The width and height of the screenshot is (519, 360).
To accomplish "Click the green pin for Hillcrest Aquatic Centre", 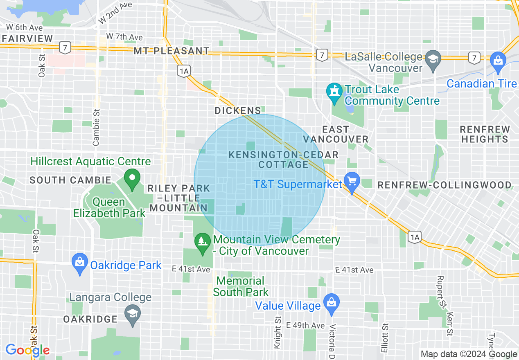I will click(x=132, y=179).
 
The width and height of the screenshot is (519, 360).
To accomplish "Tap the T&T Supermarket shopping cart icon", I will click(x=351, y=180).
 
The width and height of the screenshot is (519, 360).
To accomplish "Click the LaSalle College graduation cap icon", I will click(x=433, y=58).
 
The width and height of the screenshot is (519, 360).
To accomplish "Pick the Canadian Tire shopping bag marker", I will click(x=498, y=60).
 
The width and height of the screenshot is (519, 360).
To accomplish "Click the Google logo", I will click(x=27, y=350).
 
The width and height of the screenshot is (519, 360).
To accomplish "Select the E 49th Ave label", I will click(x=305, y=325).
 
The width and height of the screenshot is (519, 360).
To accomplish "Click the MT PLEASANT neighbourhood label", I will click(x=171, y=51).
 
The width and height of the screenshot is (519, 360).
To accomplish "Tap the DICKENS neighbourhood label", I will click(x=238, y=110).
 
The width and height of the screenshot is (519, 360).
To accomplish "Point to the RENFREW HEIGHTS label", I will click(x=485, y=134).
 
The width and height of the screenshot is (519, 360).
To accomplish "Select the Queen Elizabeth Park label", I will click(x=109, y=207).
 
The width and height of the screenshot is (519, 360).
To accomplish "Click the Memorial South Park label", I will click(x=241, y=286).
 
